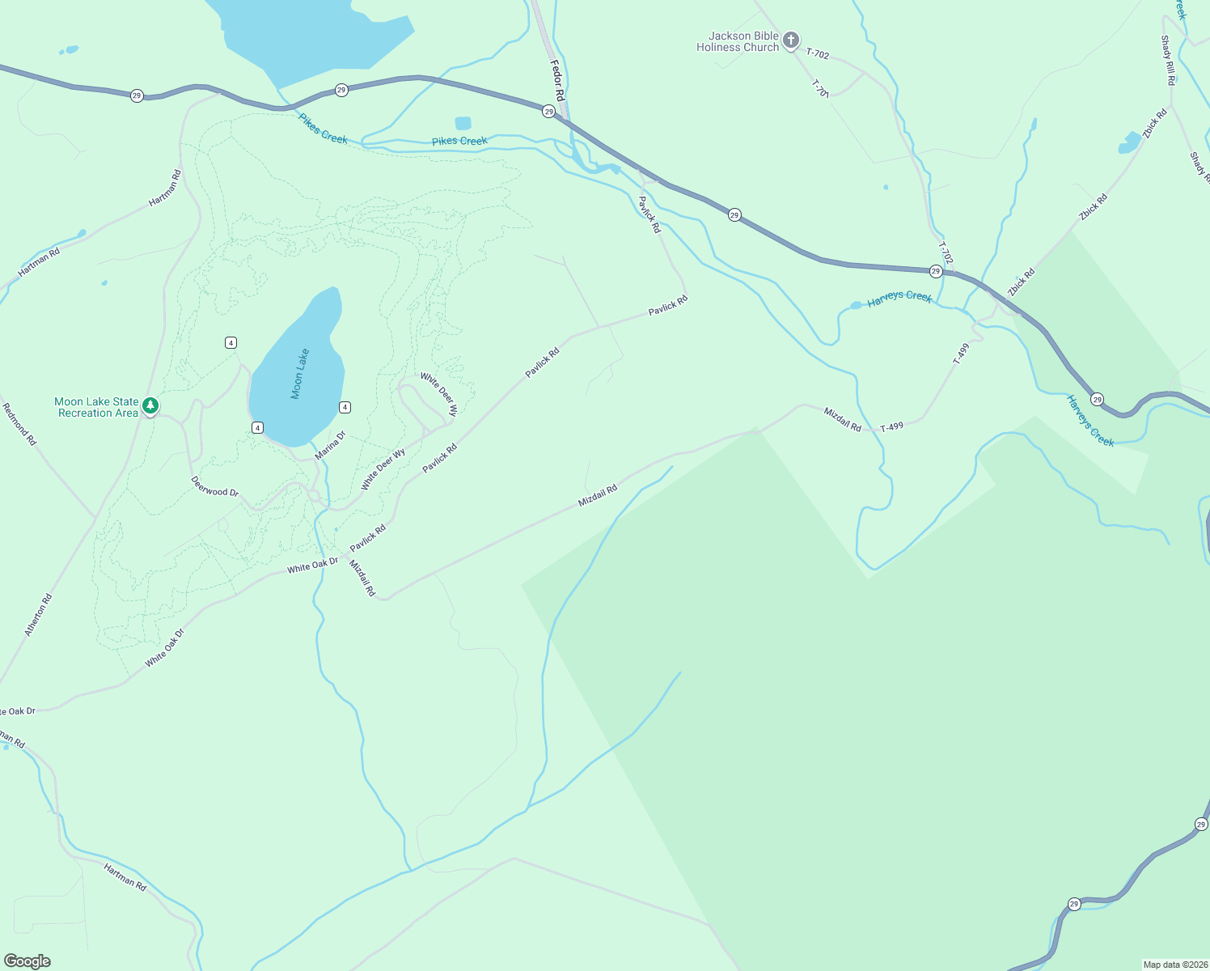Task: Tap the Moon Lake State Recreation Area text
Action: tap(97, 407)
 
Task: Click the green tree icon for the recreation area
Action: tap(150, 405)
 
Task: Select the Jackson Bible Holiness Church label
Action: tap(738, 41)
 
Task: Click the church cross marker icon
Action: tap(791, 40)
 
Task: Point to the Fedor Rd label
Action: tap(557, 80)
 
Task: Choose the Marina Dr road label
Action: tap(330, 446)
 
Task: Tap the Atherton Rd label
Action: tap(39, 615)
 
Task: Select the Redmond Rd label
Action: tap(19, 424)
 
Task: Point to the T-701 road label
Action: tap(819, 88)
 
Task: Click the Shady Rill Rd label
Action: tap(1167, 60)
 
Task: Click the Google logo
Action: tap(27, 961)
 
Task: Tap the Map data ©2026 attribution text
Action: tap(1174, 965)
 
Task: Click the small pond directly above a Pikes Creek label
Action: tap(463, 123)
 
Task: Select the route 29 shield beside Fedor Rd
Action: tap(548, 112)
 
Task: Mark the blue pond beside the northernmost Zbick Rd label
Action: tap(1129, 143)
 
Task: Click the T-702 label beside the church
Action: tap(818, 54)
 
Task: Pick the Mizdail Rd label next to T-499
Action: tap(843, 419)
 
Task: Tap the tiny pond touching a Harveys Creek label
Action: tap(856, 305)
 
